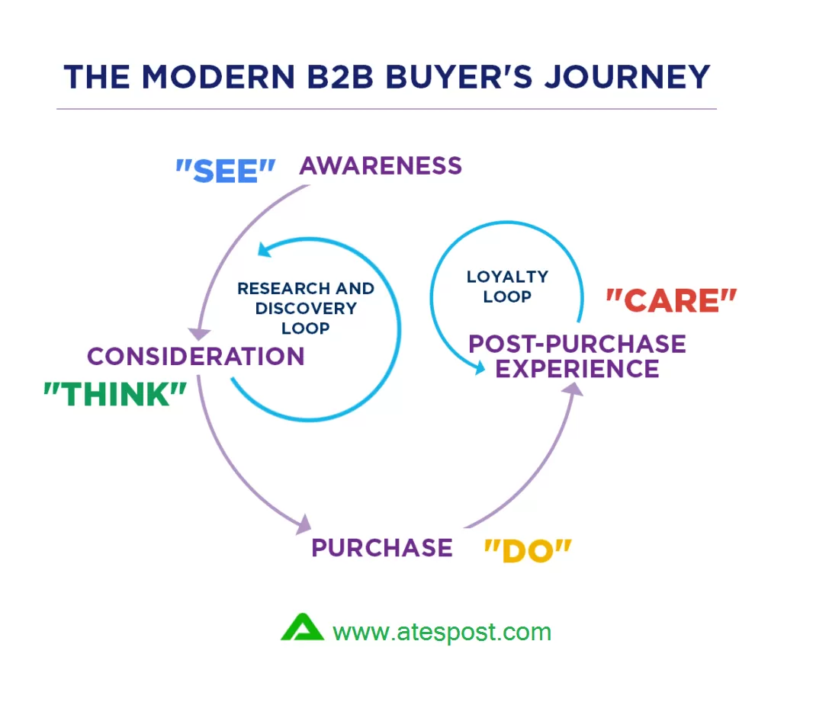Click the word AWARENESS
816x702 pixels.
pos(381,165)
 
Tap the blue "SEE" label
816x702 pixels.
pos(225,171)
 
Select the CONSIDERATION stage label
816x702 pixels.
pos(195,356)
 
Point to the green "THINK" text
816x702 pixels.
pos(115,394)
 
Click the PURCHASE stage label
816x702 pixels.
pos(381,547)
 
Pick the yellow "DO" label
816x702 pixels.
pos(528,550)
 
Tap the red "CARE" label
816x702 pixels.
pos(671,301)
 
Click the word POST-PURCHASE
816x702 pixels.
pos(577,344)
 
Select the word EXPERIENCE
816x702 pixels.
pos(577,369)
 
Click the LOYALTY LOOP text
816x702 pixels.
pos(507,287)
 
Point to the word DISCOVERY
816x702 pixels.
pos(306,308)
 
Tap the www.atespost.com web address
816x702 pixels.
pos(442,632)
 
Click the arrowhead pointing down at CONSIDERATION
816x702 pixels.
pos(200,333)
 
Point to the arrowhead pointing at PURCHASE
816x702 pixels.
pos(304,524)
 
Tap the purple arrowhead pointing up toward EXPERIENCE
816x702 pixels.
pos(575,389)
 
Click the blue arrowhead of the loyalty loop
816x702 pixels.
pos(479,369)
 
